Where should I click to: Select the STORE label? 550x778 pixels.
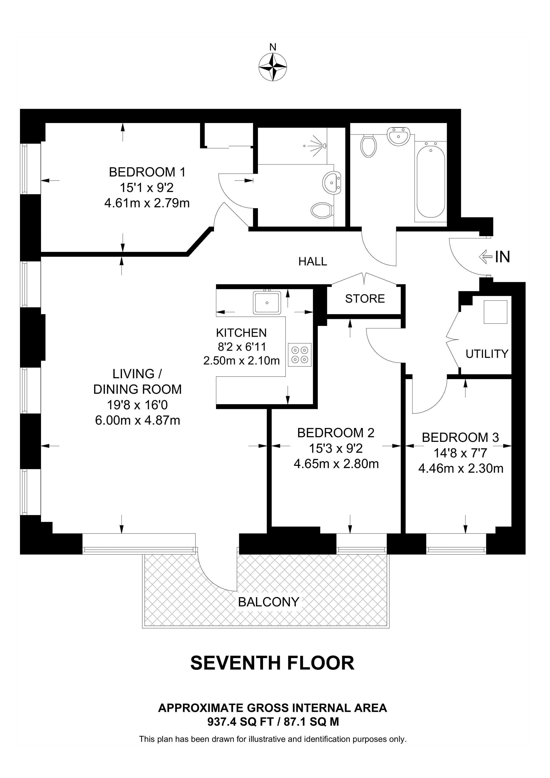point(365,298)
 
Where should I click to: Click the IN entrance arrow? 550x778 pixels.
point(485,257)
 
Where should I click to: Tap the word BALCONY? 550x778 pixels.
point(268,602)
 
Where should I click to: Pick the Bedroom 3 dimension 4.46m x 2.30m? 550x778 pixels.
point(460,469)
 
